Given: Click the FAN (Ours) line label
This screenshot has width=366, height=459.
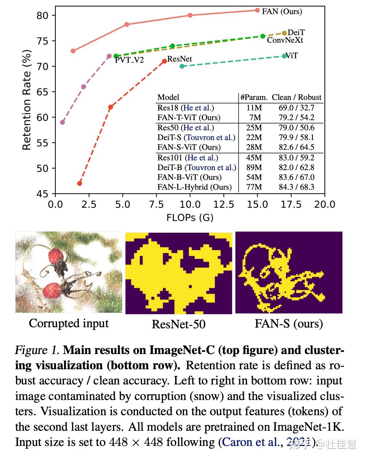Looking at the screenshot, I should point(282,11).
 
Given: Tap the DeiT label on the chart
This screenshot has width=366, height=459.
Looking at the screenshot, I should point(296,33).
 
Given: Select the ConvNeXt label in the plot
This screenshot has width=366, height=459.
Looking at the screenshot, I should point(285,40).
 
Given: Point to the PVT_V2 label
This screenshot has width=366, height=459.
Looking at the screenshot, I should point(129,60).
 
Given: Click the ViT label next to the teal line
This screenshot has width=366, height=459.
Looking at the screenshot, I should point(292,56).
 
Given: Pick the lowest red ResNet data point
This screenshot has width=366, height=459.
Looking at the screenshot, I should point(80,184).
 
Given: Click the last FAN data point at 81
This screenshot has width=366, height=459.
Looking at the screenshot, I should point(257,10).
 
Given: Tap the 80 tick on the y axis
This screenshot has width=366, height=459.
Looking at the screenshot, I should point(42,16).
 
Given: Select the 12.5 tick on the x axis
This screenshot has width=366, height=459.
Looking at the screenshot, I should point(224,205).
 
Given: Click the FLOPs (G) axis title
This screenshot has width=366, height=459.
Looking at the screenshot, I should point(190,218).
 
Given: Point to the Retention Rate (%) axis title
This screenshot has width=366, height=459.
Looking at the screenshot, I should point(26,100).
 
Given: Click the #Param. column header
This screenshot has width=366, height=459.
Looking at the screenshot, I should point(254,97).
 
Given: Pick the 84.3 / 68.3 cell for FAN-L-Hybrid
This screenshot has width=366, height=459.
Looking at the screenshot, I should point(296,187).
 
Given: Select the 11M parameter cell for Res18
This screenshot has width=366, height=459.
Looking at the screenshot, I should point(254,108).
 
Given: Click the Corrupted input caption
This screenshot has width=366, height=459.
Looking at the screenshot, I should point(69,323).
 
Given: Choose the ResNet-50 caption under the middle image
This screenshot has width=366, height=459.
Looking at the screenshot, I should point(179,324).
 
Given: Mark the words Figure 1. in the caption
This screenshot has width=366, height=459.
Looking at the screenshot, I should point(38,350).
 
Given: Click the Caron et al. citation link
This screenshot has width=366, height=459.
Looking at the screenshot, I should point(250,442).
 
